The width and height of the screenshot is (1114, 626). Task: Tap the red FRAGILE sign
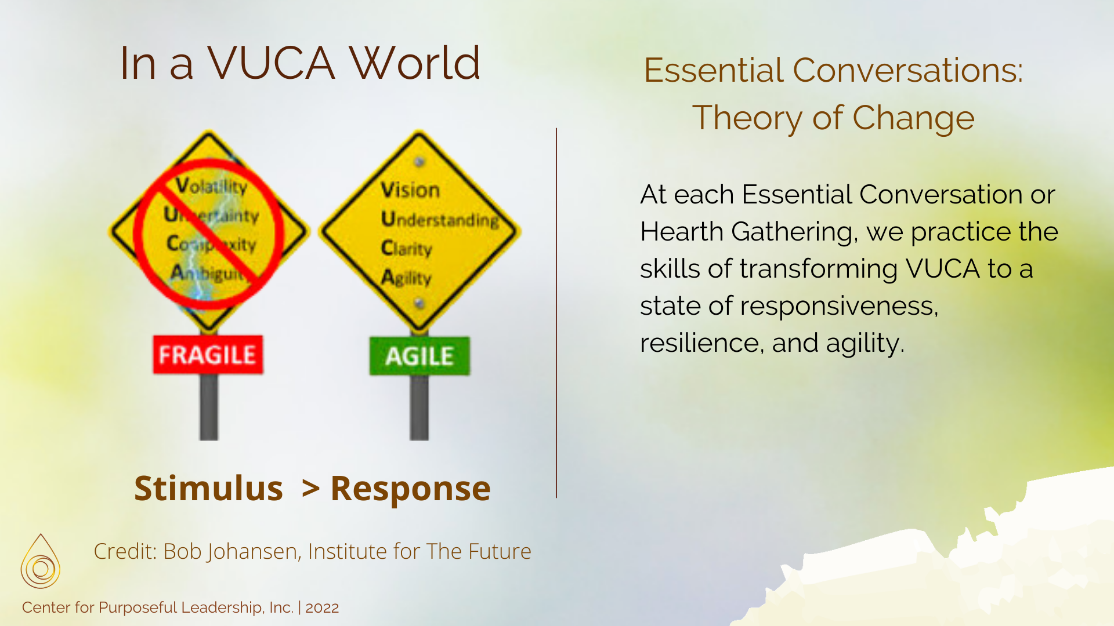tap(208, 355)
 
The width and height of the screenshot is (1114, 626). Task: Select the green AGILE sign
tap(419, 356)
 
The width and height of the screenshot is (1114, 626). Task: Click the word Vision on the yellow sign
tap(410, 190)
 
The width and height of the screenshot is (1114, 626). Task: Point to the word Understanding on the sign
tap(440, 220)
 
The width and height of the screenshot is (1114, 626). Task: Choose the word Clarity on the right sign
tap(406, 249)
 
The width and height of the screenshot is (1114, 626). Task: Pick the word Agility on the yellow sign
tap(406, 278)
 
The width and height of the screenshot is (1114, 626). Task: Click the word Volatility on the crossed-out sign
tap(212, 186)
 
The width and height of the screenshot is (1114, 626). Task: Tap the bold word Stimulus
tap(208, 488)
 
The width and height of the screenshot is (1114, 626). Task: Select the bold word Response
tap(410, 488)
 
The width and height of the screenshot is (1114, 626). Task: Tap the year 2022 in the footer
tap(322, 607)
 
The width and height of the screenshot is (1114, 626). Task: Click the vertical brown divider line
tap(556, 313)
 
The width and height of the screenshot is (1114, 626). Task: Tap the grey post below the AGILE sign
tap(419, 409)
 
